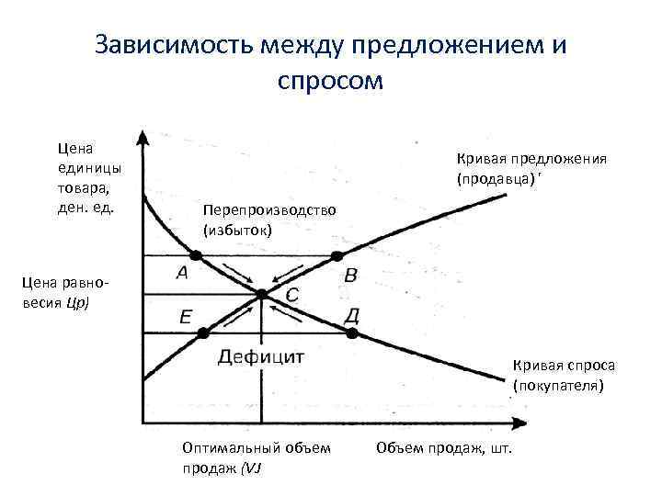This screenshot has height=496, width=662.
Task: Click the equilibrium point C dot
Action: tap(262, 294)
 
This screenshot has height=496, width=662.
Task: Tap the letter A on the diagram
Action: tap(181, 273)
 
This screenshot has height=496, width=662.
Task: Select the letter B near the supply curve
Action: tap(350, 275)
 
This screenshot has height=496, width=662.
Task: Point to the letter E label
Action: tap(186, 317)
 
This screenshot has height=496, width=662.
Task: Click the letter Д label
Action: tap(351, 316)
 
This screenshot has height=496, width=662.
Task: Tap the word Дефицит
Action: tap(262, 356)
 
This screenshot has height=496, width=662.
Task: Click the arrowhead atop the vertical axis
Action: tap(143, 138)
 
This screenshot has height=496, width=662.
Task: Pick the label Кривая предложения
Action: tap(527, 158)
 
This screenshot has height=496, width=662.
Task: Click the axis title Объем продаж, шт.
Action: tap(444, 447)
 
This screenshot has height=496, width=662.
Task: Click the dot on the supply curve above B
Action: tap(337, 255)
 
